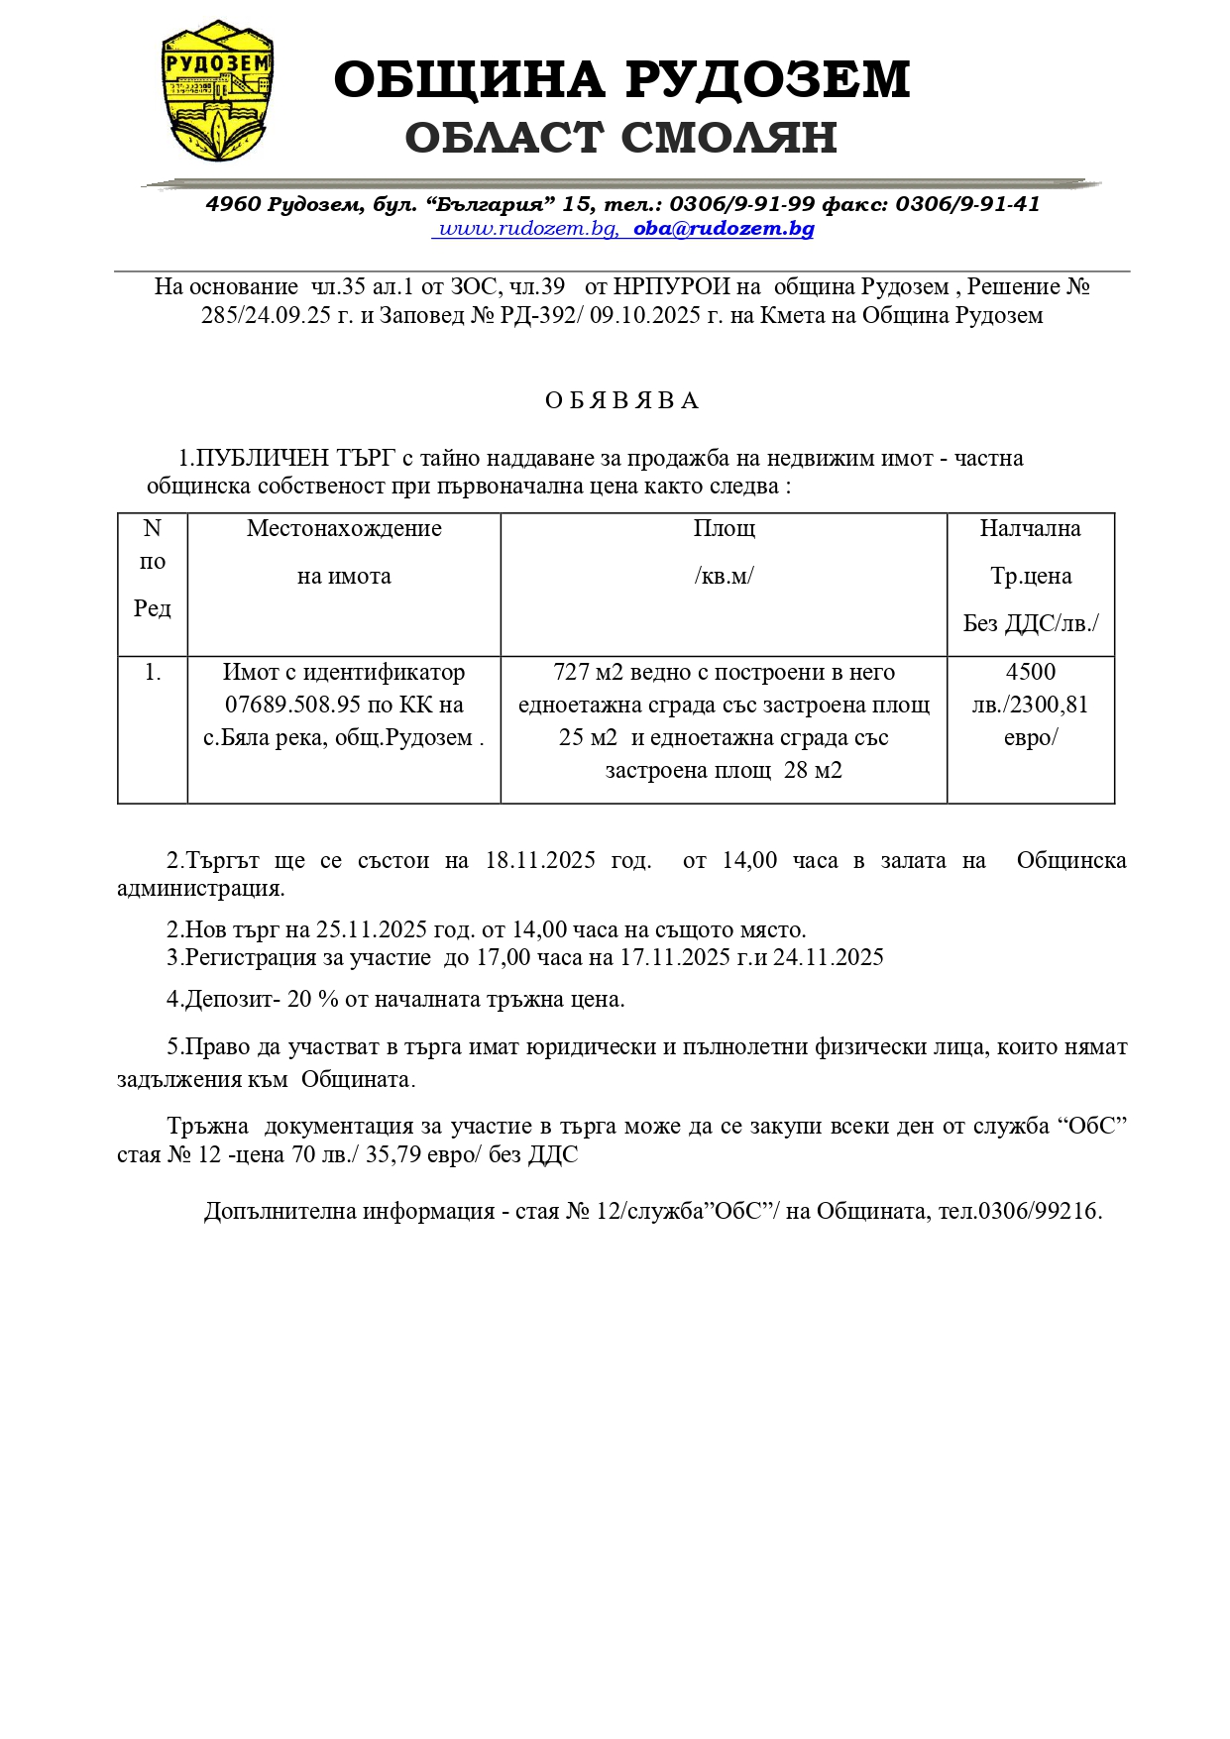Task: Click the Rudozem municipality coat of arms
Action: tap(217, 91)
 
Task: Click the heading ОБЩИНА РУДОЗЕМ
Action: tap(621, 80)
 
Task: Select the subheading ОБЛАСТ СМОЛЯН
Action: tap(621, 138)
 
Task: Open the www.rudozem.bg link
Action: tap(528, 229)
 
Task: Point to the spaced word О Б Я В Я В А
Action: tap(621, 400)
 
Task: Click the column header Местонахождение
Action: tap(344, 528)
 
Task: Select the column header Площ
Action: tap(724, 528)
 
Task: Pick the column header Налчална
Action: tap(1030, 528)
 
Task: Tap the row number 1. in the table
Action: tap(153, 672)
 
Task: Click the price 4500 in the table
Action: tap(1030, 672)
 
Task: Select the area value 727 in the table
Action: tap(571, 672)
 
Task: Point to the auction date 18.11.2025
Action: tap(540, 860)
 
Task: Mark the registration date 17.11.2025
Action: tap(675, 957)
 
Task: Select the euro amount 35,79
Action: tap(392, 1154)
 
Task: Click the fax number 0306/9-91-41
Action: tap(967, 204)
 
